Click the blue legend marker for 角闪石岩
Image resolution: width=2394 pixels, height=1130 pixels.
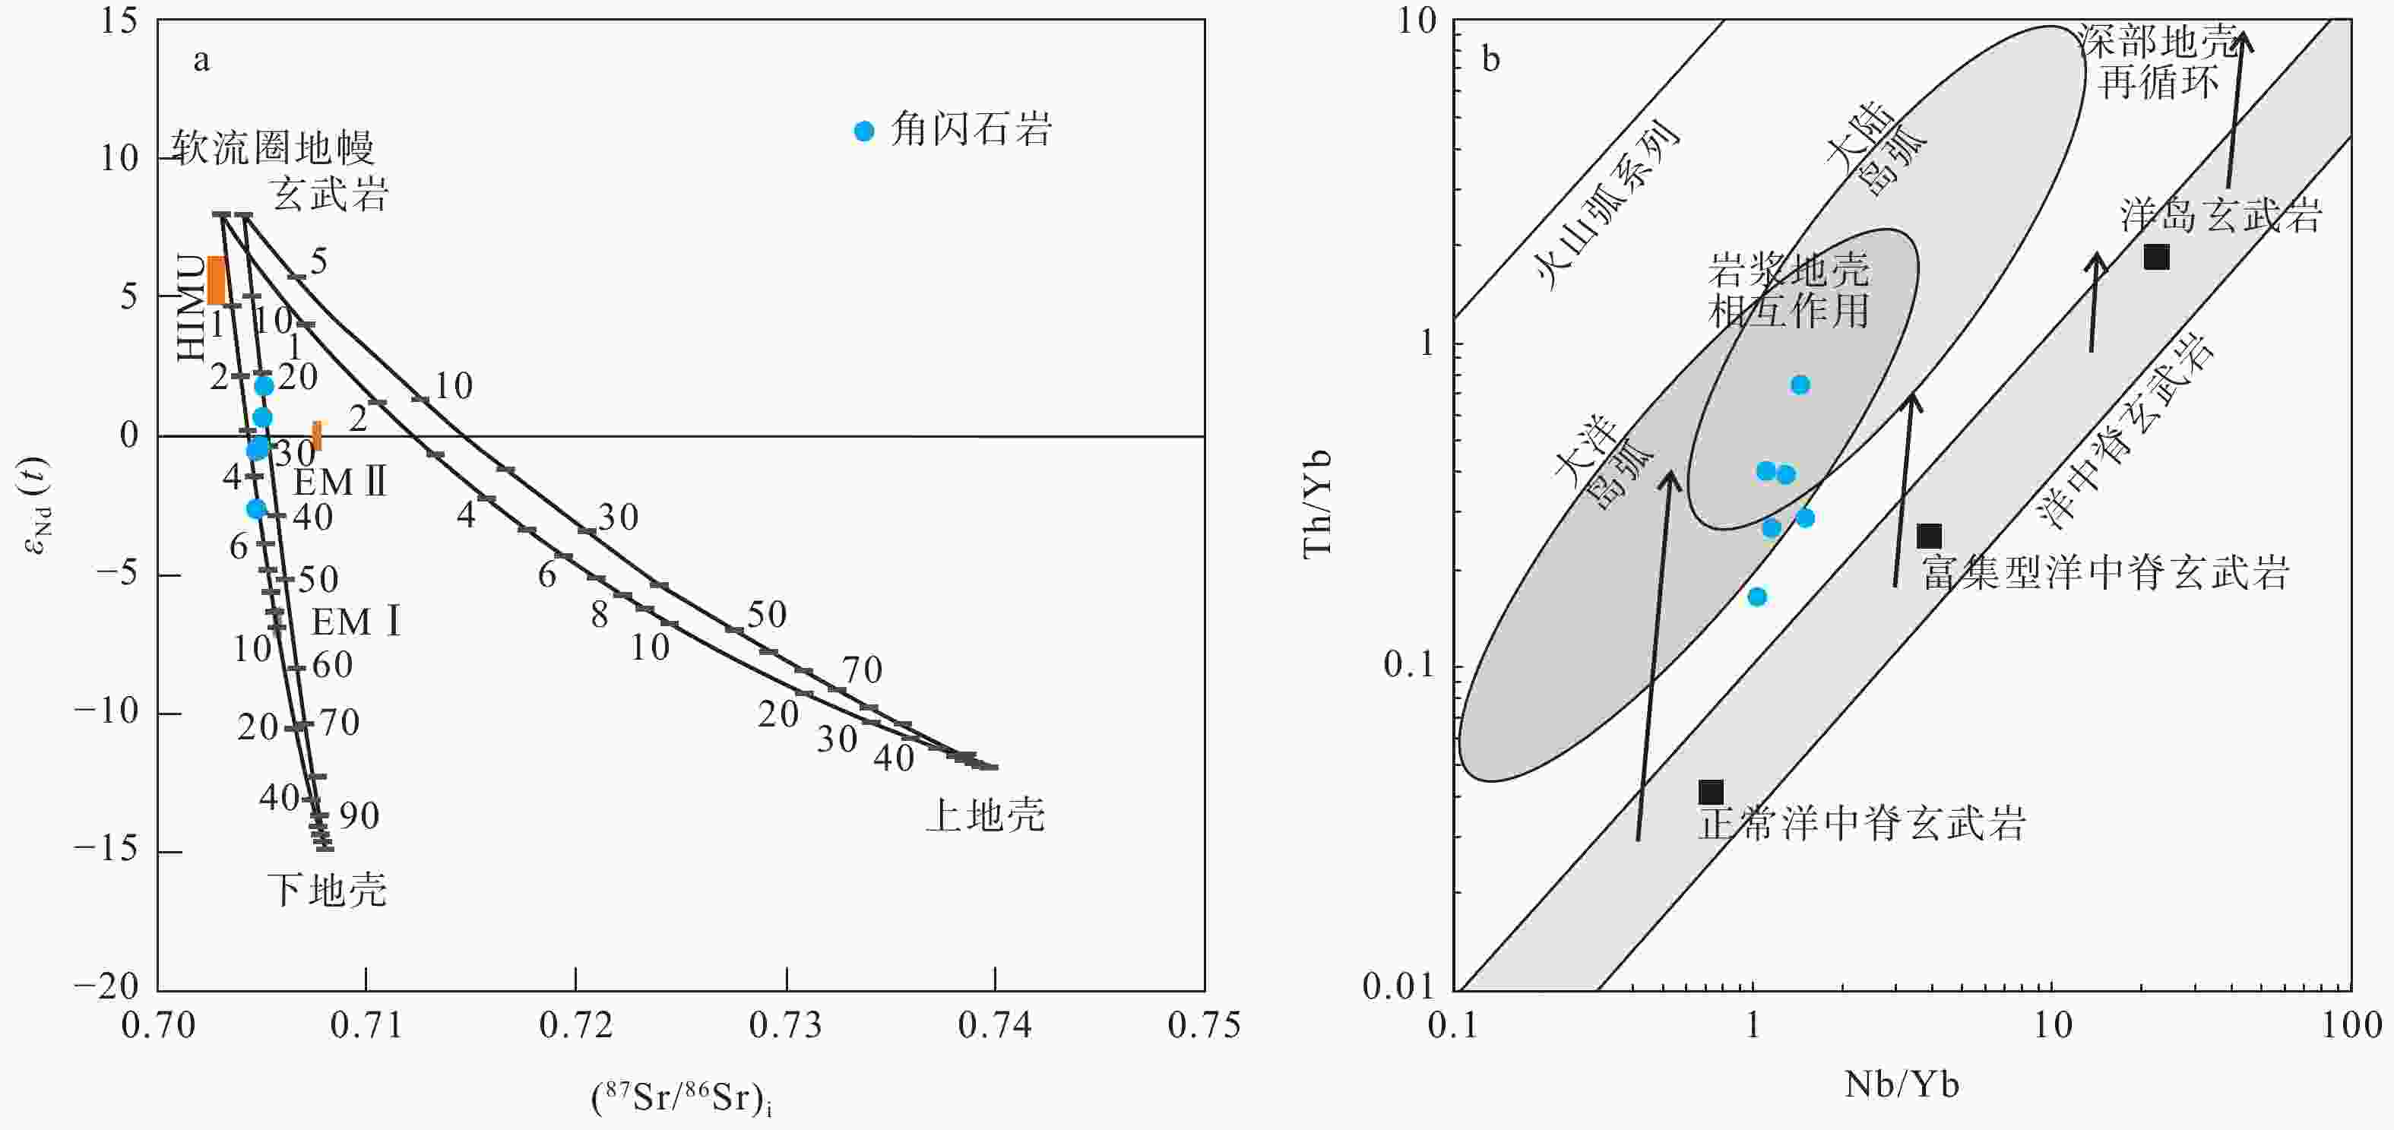(x=864, y=131)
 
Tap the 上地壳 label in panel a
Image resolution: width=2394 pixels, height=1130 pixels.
(x=985, y=815)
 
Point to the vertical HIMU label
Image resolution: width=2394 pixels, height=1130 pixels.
(x=192, y=308)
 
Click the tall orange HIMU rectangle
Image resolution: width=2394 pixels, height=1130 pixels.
(x=217, y=280)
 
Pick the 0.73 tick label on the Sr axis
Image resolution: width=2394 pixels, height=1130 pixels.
(x=787, y=1025)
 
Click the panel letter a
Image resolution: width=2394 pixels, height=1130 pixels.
(x=201, y=62)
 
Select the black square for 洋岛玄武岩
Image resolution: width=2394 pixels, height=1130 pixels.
(x=2156, y=258)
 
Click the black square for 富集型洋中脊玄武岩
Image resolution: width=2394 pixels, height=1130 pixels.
(x=1930, y=537)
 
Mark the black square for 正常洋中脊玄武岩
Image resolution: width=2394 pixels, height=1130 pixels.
(x=1711, y=792)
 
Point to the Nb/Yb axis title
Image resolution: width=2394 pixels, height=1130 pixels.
(x=1902, y=1084)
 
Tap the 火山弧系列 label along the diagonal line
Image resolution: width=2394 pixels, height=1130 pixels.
(x=1607, y=205)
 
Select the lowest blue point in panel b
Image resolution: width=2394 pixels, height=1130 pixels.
(x=1756, y=597)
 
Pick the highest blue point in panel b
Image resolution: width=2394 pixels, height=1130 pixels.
(x=1800, y=385)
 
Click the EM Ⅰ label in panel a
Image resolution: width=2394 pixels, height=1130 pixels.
(x=356, y=622)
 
